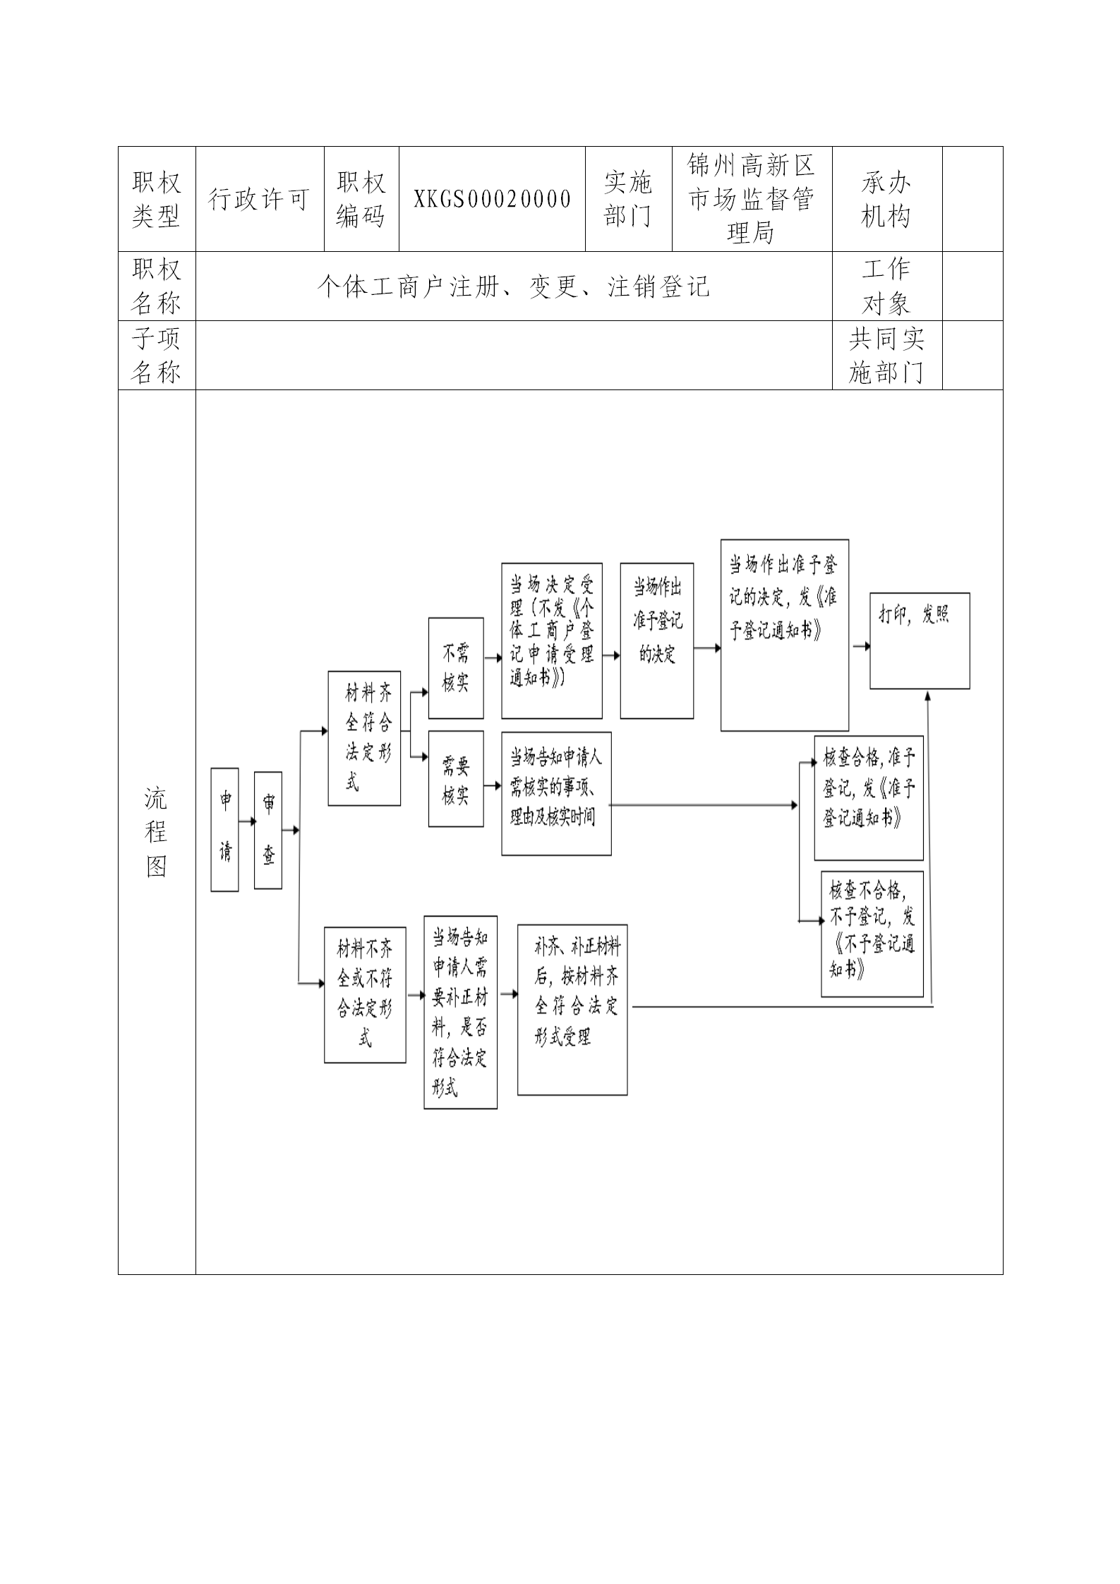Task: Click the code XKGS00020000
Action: (492, 199)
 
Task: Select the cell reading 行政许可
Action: (259, 200)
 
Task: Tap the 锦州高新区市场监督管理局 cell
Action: (752, 199)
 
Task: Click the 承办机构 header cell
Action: (886, 200)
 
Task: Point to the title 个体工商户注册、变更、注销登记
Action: (513, 286)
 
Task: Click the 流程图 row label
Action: (156, 833)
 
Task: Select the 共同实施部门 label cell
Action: (886, 356)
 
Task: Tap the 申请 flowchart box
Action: (225, 830)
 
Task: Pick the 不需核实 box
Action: (456, 667)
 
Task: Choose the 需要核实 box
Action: (456, 779)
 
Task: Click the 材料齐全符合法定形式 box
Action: (364, 738)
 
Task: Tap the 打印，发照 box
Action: (920, 641)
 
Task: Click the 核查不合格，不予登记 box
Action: (872, 934)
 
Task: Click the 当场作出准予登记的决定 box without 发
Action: (656, 641)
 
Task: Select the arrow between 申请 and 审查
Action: (247, 821)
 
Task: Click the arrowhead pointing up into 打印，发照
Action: (928, 696)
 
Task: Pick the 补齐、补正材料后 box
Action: (572, 1010)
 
